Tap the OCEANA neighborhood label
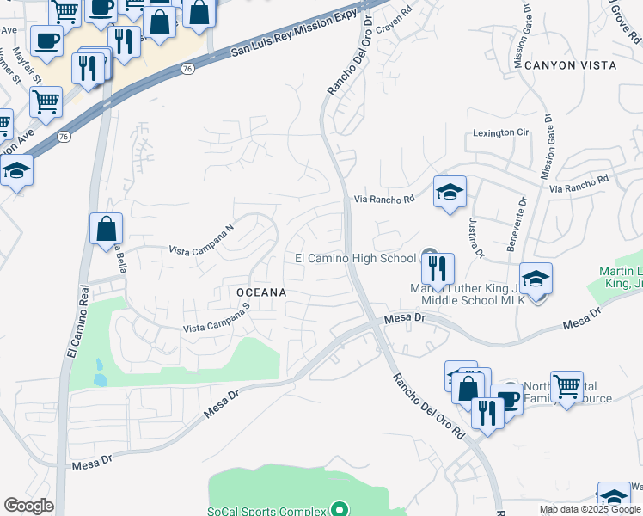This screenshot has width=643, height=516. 261,292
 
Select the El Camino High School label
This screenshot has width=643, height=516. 355,258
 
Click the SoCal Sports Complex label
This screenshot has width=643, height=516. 268,509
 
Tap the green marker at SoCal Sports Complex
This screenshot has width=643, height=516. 340,509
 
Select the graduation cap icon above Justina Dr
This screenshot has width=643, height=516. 450,191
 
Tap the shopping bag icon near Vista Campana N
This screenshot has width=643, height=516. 107,229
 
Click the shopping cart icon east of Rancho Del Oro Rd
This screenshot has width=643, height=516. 566,387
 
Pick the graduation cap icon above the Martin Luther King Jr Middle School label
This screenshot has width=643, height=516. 536,279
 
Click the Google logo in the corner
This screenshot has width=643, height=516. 29,506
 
